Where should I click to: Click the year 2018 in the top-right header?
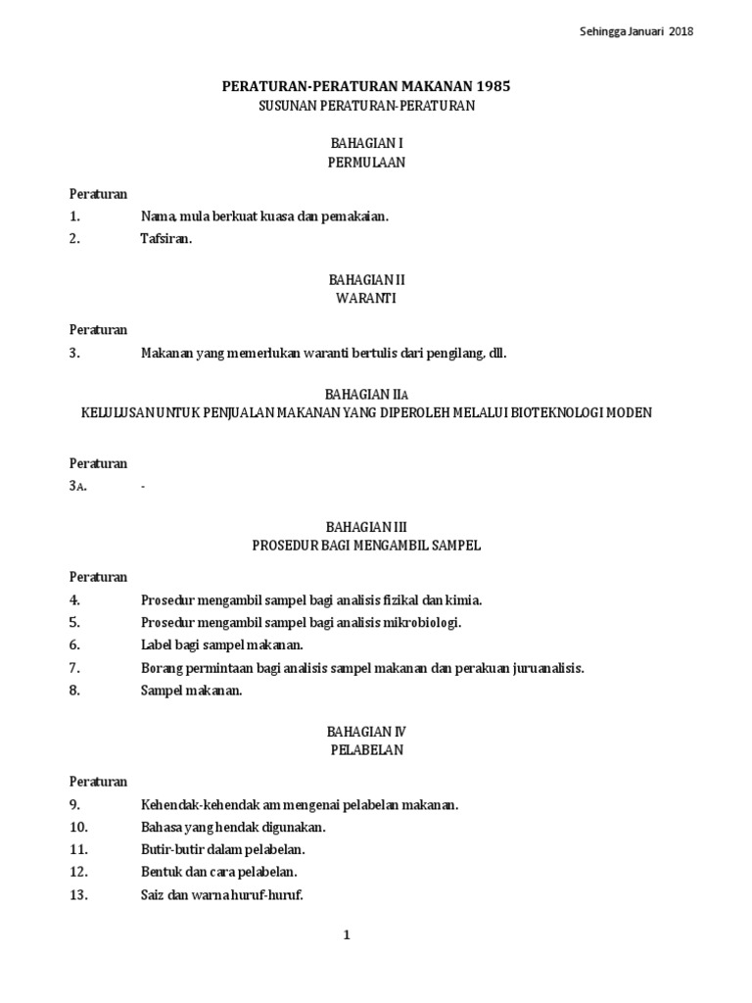[681, 31]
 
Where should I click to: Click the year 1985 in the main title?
[492, 86]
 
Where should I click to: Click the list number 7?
[74, 668]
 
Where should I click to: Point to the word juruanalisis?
[543, 668]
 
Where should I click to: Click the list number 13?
[79, 894]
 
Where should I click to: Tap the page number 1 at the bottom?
[346, 935]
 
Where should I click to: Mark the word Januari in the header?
[641, 31]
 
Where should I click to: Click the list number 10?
[79, 827]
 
